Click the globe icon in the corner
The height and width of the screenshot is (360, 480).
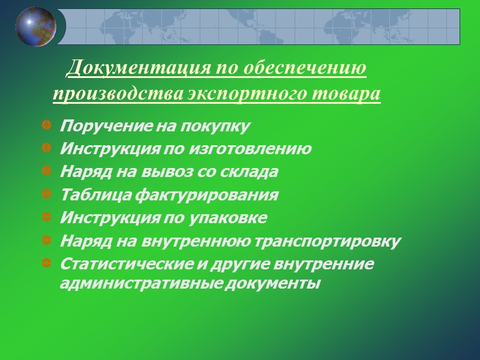[x=36, y=27]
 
